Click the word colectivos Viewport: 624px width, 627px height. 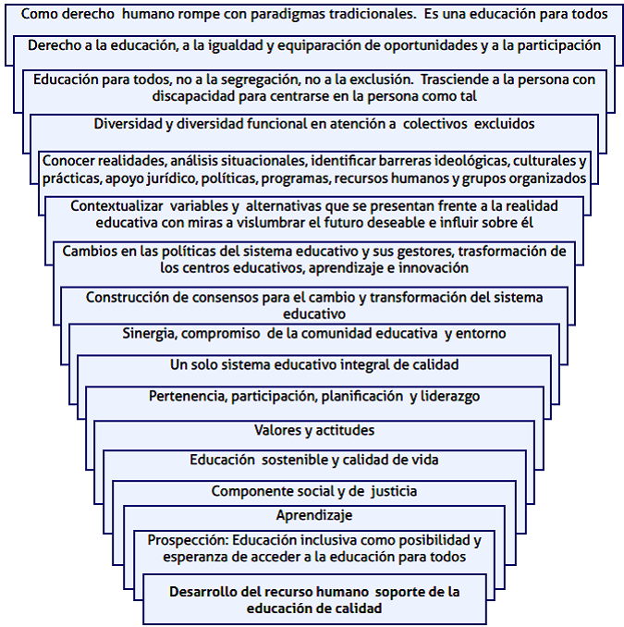(x=434, y=124)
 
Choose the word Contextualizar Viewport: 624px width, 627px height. (x=116, y=206)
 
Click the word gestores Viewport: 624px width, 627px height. (x=420, y=252)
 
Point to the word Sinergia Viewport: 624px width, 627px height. (x=150, y=334)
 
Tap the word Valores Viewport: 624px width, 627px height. (x=277, y=430)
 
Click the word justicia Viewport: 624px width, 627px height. (x=394, y=491)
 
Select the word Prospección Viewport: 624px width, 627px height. (x=188, y=541)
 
